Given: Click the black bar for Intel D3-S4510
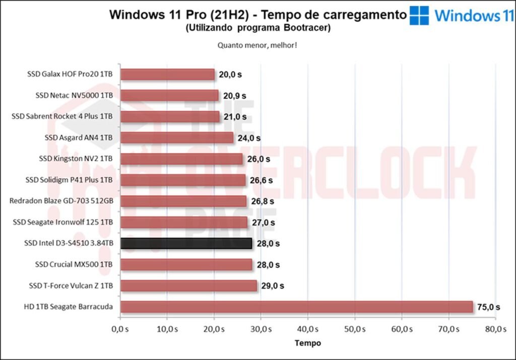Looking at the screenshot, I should (186, 243).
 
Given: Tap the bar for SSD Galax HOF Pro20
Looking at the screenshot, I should (167, 75).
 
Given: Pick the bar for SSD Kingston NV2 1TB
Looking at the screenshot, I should (181, 159).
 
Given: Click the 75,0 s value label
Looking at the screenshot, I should (488, 307).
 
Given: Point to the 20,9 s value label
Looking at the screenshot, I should (233, 96).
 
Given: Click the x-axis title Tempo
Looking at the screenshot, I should (307, 343).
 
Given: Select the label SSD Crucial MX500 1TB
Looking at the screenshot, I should (74, 264).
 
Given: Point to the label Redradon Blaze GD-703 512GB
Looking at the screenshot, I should (61, 201).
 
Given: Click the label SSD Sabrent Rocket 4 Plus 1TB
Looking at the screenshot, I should (62, 116).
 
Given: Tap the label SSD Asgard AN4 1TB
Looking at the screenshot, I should (79, 137).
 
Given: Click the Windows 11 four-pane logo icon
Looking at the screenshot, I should (419, 16).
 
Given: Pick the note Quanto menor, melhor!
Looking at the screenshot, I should (257, 45).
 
